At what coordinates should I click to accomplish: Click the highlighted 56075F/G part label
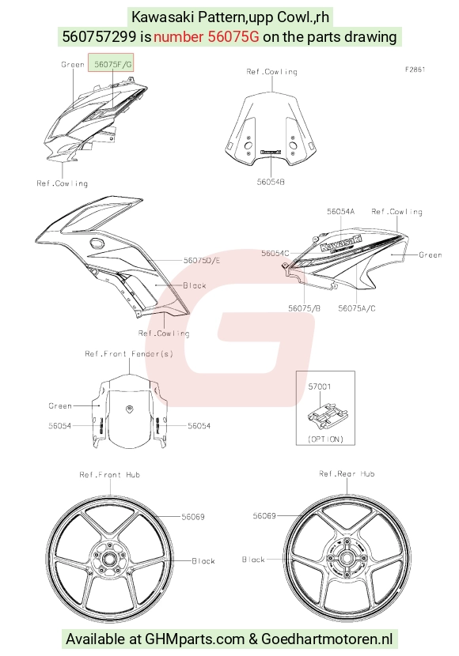point(112,65)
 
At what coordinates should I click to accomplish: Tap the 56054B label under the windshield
point(271,182)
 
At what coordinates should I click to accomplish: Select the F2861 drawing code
point(415,70)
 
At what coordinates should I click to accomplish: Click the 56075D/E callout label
point(202,261)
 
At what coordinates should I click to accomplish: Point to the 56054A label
point(340,212)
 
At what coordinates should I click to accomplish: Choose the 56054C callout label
point(275,253)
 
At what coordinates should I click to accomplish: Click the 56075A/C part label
point(357,308)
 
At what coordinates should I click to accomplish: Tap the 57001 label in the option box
point(320,386)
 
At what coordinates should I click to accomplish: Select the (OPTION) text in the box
point(325,439)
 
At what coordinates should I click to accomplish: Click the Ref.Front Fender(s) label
point(129,354)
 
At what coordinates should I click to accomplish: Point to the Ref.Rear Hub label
point(347,473)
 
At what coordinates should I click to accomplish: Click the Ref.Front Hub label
point(110,475)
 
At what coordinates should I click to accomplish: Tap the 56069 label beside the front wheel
point(193,517)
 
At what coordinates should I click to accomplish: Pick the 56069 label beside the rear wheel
point(264,516)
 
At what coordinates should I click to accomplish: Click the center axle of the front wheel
point(110,559)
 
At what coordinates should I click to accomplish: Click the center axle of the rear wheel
point(347,558)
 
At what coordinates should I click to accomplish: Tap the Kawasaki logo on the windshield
point(271,153)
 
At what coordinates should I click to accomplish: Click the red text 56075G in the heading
point(233,37)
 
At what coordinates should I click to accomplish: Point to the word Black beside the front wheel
point(203,561)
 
